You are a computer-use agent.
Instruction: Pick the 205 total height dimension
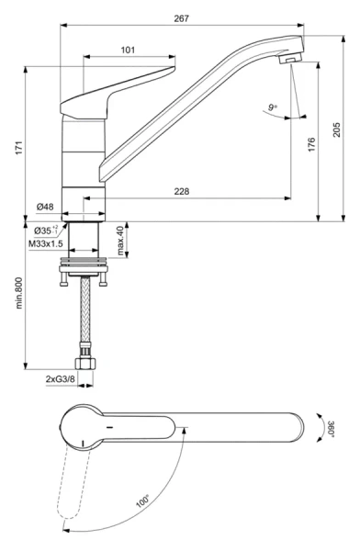[x=336, y=129]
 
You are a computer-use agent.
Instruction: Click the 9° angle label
[x=272, y=108]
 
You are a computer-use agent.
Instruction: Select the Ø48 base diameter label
[x=45, y=207]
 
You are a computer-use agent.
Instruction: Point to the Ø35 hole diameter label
[x=46, y=230]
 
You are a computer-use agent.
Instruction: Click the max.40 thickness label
[x=120, y=241]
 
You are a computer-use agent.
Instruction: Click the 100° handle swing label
[x=142, y=502]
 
